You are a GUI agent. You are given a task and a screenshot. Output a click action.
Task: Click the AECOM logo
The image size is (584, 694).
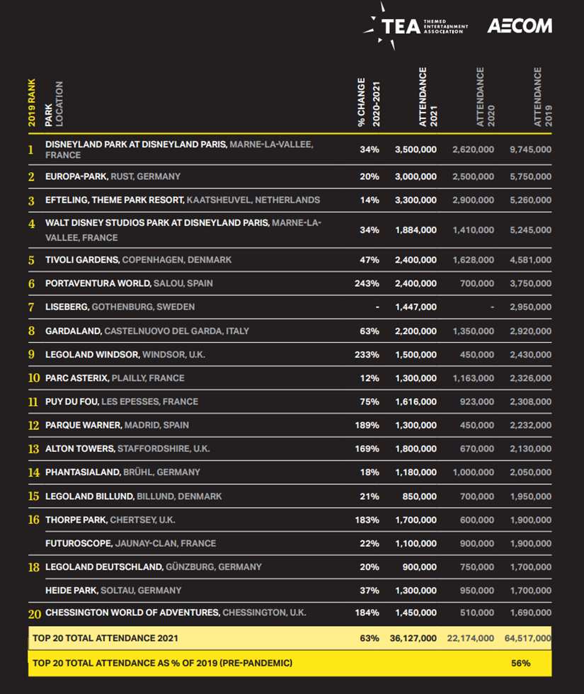point(520,26)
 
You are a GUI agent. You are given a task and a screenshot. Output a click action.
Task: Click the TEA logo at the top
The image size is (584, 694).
point(415,27)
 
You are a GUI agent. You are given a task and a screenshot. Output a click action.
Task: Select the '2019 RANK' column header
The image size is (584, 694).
point(32,103)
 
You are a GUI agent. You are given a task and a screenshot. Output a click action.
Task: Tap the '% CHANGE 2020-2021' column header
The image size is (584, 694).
point(369,102)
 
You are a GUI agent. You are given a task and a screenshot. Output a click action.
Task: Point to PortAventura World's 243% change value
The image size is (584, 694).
point(367,284)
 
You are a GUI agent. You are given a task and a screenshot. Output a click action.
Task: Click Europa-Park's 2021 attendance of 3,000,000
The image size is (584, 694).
point(416,176)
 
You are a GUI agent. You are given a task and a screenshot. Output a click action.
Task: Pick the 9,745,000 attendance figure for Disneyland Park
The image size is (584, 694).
point(530,149)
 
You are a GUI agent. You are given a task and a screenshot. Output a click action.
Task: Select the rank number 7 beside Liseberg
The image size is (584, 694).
point(31,307)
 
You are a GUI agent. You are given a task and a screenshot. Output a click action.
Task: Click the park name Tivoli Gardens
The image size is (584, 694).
point(82,260)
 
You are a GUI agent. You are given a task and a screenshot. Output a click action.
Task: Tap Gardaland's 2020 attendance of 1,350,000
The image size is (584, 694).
point(474,331)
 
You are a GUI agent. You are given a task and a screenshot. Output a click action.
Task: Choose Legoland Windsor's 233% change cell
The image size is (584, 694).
point(367,355)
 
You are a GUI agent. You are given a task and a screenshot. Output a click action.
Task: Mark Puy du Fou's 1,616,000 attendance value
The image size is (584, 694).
point(416,402)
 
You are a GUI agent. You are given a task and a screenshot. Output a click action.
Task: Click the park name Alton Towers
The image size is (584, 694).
point(80,449)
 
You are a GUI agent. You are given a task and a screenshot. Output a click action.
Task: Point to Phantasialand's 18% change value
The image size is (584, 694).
point(370,472)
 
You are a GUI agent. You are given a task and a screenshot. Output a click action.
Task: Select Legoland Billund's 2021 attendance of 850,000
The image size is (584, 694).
point(419,496)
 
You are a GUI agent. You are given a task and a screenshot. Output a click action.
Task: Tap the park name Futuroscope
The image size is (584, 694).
point(79,544)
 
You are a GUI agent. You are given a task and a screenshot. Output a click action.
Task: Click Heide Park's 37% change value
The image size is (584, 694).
point(370,591)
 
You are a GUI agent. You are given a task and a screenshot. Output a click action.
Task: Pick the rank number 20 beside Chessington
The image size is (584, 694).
point(35,615)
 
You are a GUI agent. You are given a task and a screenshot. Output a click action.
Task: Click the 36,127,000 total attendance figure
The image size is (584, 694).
point(413,638)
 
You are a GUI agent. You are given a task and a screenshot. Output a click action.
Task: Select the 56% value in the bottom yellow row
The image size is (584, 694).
point(521,663)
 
